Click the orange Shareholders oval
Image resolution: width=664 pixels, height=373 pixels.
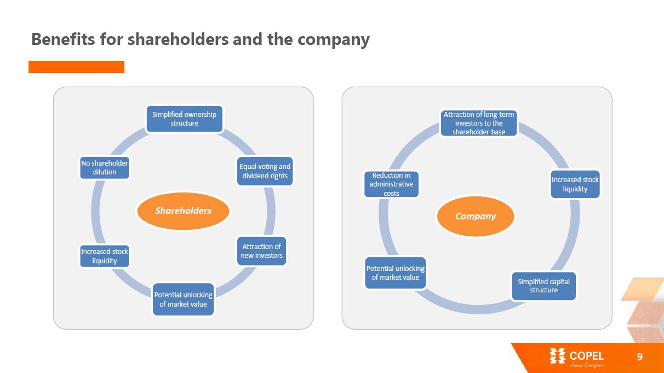183,211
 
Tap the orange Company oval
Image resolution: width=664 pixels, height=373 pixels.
476,216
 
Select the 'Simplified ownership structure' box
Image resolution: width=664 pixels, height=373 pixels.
184,119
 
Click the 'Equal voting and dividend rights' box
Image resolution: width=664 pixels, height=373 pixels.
265,171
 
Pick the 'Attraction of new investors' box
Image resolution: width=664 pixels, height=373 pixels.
262,251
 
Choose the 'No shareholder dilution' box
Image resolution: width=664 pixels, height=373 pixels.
105,167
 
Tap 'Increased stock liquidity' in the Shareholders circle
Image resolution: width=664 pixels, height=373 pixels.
105,256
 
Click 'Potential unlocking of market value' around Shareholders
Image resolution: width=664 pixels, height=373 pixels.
183,299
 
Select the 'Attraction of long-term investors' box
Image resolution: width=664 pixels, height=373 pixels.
479,123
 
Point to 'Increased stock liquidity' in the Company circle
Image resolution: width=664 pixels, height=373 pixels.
575,184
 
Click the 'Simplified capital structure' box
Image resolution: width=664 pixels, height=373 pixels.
543,286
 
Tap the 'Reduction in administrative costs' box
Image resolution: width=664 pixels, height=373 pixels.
391,184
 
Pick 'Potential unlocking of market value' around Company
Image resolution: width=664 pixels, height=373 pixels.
396,273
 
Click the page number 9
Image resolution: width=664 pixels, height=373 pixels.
639,357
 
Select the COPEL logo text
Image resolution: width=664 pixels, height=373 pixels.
586,357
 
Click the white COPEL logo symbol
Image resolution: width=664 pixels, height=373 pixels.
557,357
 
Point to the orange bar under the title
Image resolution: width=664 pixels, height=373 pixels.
76,67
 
